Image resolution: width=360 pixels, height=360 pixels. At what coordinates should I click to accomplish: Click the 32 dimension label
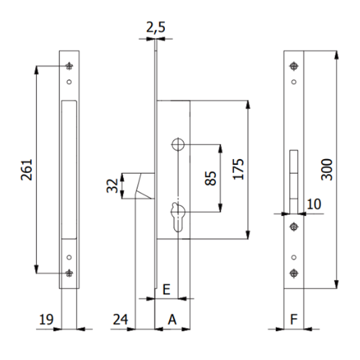pos(112,185)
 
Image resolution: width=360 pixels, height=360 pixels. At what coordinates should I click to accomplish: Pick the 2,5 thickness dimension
pos(154,26)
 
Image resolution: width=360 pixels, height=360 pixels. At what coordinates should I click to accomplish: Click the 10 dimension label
pos(313,204)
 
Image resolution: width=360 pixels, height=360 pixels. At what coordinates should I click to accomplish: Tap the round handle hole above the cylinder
pos(178,144)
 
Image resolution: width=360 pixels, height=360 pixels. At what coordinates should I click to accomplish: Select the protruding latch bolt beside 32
pos(143,185)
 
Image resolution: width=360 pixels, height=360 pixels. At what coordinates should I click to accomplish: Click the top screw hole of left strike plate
pos(69,66)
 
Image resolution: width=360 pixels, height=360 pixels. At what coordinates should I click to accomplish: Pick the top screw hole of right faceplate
pos(293,65)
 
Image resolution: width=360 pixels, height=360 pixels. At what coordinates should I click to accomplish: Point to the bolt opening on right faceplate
pos(293,180)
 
